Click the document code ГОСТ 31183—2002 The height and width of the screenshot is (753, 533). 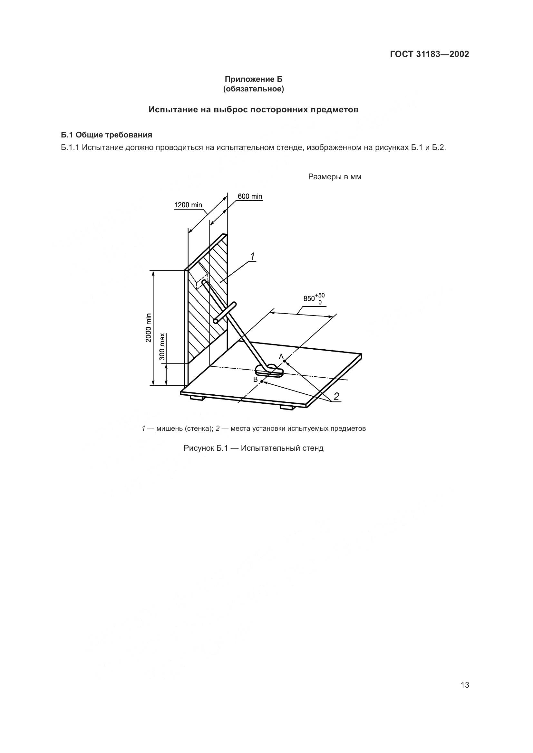click(429, 54)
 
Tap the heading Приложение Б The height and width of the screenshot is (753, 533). click(253, 79)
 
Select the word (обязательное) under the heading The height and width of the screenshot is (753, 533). click(253, 89)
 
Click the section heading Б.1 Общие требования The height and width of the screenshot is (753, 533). click(107, 135)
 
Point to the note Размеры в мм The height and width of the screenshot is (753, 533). click(334, 177)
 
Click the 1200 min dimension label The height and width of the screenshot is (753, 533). click(188, 205)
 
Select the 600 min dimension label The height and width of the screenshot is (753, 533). click(250, 196)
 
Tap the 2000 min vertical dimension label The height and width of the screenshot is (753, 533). click(149, 328)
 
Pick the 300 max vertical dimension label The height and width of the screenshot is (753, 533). click(162, 347)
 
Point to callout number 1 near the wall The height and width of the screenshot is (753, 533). click(252, 257)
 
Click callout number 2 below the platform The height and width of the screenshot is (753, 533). click(336, 397)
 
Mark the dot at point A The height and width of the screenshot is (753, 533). click(285, 362)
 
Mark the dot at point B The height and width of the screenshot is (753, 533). click(262, 381)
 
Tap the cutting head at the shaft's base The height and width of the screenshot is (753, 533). click(269, 371)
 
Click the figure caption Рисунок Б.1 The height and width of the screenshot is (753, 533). click(253, 448)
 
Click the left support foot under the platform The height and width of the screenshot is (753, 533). click(198, 398)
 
